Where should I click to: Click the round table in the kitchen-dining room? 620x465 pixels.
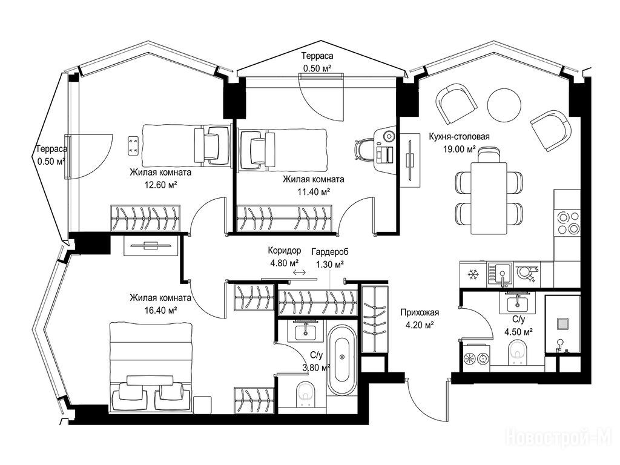coord(504,104)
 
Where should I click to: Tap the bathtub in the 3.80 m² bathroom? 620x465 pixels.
coord(341,360)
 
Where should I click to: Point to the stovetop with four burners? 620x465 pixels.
coord(568,223)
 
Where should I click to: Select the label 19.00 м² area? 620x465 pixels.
coord(459,149)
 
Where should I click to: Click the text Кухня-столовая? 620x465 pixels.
coord(459,137)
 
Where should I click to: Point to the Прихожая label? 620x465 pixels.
coord(420,313)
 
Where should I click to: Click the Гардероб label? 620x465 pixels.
coord(330,252)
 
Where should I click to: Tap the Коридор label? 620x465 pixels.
coord(285,251)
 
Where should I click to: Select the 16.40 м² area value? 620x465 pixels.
coord(160,311)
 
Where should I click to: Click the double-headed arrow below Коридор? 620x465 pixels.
coord(299,272)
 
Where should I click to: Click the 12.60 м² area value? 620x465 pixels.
coord(160,185)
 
